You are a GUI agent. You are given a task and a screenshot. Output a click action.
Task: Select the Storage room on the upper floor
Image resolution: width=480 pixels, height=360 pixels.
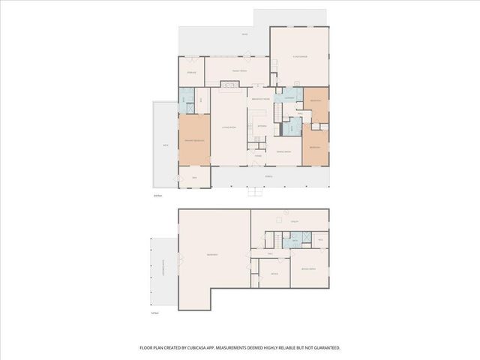[191, 72]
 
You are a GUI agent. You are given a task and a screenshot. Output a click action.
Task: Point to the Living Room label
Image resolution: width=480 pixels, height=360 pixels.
[229, 128]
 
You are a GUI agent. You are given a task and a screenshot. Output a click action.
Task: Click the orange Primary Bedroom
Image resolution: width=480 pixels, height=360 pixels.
[194, 141]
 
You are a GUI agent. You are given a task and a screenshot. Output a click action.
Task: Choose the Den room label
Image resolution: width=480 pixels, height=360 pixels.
[194, 178]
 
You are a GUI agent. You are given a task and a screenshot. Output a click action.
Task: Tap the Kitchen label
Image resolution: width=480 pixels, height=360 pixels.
[262, 126]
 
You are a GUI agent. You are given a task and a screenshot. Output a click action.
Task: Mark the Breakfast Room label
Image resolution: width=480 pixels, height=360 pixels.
[260, 99]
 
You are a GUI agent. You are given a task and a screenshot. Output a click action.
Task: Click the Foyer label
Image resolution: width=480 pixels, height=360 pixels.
[258, 156]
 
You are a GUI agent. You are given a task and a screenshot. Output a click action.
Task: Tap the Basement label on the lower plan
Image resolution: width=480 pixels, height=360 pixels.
[212, 255]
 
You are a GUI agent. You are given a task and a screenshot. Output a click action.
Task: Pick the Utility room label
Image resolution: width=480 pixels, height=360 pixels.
[295, 222]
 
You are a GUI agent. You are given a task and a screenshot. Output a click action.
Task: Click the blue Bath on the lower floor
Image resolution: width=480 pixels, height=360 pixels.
[294, 240]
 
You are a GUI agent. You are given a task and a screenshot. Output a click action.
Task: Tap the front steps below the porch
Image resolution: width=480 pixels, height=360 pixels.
[253, 192]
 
